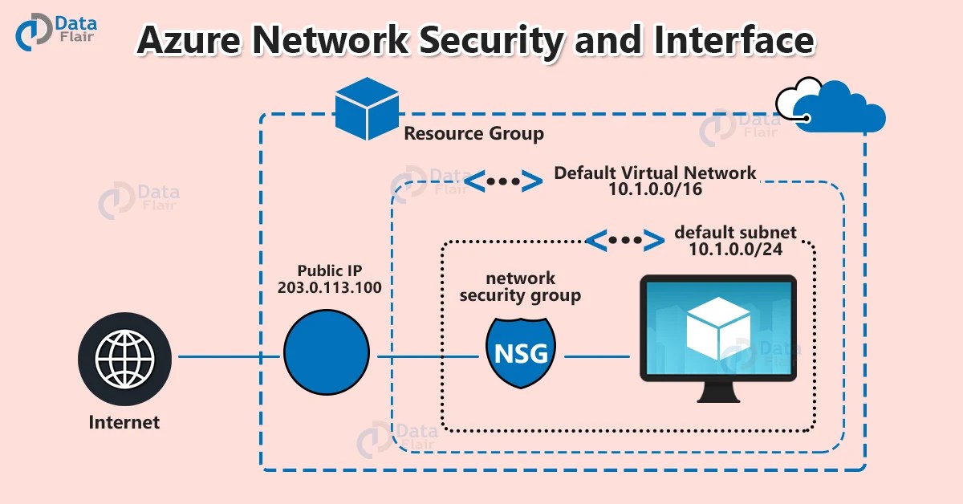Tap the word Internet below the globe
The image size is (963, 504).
pos(124,422)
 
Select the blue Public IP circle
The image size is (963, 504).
pos(326,353)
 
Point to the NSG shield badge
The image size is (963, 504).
pos(522,353)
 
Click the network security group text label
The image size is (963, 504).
pos(522,287)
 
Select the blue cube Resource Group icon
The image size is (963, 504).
pos(367,108)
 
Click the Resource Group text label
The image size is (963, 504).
pos(473,134)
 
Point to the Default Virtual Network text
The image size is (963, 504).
pos(654,172)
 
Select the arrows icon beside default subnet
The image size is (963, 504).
pos(624,239)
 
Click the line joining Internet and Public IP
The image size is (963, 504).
pos(230,356)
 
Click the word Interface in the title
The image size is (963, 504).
pos(733,40)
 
